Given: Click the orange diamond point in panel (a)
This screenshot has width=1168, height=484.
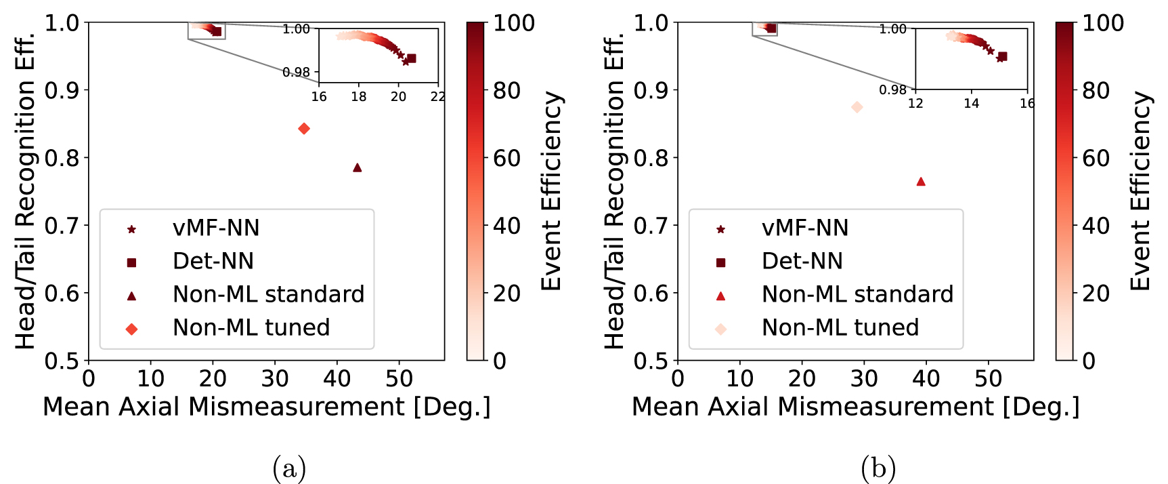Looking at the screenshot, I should click(304, 129).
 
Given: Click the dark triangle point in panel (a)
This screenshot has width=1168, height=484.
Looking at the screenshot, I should click(358, 167).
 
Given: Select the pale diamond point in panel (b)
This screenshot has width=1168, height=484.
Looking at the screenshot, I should click(857, 107).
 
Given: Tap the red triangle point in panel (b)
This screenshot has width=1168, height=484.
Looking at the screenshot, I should click(921, 182).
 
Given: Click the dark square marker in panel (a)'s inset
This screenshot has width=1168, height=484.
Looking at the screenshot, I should click(412, 58).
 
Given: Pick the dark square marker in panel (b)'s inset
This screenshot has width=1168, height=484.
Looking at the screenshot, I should click(1003, 56).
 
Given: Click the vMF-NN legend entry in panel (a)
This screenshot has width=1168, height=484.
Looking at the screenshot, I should click(215, 228).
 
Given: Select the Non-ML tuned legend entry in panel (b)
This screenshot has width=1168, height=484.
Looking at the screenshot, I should click(840, 328).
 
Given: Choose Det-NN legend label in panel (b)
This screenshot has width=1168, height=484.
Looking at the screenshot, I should click(802, 262).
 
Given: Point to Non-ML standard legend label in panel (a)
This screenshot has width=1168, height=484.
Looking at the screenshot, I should click(268, 295).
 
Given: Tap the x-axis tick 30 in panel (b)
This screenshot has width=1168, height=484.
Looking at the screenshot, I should click(864, 379).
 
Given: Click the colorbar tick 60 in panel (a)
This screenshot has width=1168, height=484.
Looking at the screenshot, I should click(506, 158).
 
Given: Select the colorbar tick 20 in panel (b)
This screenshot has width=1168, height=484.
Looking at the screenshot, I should click(1096, 294).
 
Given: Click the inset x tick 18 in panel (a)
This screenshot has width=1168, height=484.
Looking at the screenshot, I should click(358, 97).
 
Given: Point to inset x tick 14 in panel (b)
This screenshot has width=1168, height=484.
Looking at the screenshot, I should click(971, 104).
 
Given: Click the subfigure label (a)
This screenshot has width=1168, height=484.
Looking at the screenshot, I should click(289, 468).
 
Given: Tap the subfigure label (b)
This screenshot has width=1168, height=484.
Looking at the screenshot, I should click(878, 468).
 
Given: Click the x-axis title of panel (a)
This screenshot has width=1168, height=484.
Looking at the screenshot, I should click(266, 407).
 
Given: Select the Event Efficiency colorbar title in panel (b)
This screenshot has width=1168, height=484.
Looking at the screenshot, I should click(1141, 191).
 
